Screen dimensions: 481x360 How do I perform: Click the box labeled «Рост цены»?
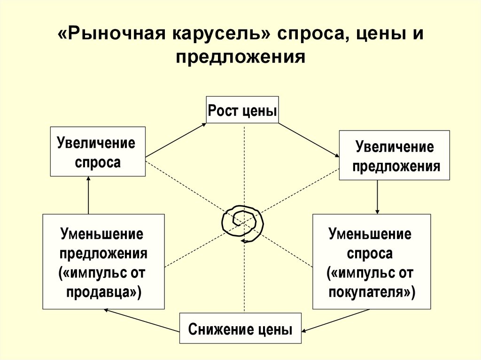[242, 110]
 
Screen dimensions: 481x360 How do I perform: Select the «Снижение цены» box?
[240, 329]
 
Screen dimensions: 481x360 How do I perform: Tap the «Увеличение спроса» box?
[98, 152]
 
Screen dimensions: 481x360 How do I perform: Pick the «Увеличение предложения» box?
[394, 155]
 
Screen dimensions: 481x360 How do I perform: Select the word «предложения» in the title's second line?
[240, 57]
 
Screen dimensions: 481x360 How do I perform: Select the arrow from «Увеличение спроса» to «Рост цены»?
[176, 140]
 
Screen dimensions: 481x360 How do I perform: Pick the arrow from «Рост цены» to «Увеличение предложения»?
[309, 140]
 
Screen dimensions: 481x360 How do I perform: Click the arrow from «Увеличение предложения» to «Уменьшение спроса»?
[377, 197]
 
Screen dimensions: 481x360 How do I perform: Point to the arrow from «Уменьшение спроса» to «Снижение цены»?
[335, 321]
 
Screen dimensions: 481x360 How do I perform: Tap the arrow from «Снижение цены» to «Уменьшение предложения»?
[141, 321]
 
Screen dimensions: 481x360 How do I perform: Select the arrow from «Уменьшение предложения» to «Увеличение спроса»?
[88, 195]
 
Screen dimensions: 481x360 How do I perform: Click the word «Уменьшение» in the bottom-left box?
[102, 234]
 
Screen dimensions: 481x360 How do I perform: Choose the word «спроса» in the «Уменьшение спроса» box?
[370, 253]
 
